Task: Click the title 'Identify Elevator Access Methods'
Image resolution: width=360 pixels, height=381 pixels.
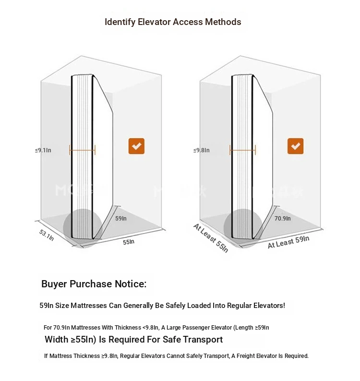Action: (x=173, y=22)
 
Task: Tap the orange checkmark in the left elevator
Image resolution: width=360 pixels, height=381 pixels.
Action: (x=136, y=146)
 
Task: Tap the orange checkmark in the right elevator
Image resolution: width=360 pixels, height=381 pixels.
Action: (x=295, y=146)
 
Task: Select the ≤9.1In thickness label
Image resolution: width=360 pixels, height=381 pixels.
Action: (x=43, y=150)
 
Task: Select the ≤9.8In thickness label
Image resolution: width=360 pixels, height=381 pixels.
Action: (x=202, y=150)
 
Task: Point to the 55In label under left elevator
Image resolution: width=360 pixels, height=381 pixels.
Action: (x=128, y=242)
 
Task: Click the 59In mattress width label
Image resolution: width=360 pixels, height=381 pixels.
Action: (x=121, y=218)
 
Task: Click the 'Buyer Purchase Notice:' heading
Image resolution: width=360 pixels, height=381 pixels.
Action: (x=94, y=284)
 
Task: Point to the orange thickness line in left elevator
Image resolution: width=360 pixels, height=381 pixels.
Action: (x=83, y=150)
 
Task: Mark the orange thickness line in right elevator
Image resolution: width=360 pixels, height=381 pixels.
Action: (x=243, y=150)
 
